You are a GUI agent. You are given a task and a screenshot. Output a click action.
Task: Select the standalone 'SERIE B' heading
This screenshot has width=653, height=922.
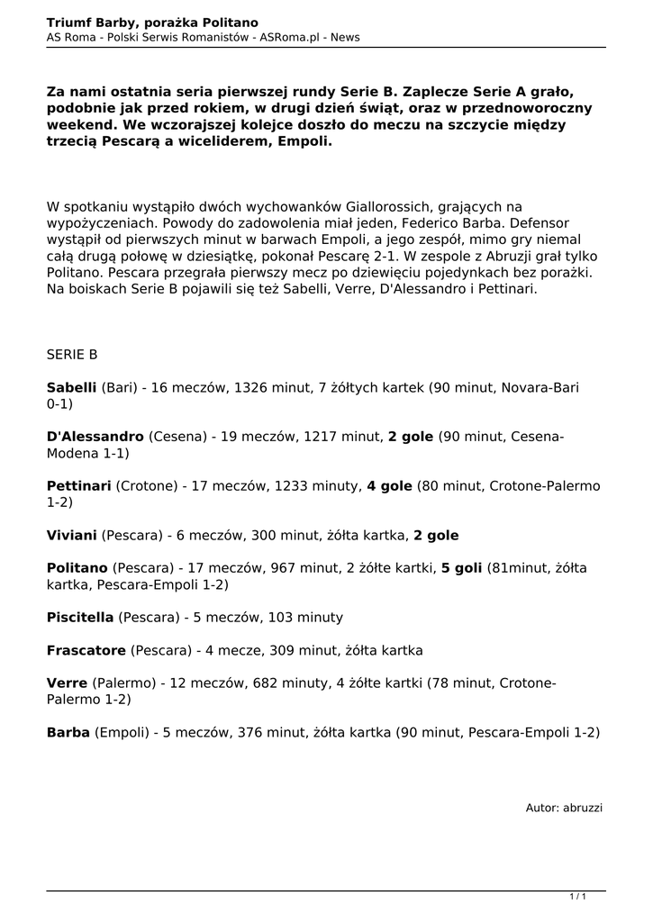(x=72, y=355)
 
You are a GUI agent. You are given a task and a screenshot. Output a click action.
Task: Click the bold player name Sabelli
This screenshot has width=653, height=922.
(x=71, y=388)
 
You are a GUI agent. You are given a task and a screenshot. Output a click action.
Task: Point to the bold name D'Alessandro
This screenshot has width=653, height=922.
(x=95, y=437)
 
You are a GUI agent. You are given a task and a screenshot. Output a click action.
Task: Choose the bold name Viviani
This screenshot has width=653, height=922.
(x=71, y=535)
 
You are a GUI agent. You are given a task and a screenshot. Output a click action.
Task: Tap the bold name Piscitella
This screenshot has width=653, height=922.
(x=80, y=617)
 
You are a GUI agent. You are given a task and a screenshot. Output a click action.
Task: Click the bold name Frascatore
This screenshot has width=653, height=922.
(x=86, y=650)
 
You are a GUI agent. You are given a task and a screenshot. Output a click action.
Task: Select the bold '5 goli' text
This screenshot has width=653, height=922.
(x=461, y=568)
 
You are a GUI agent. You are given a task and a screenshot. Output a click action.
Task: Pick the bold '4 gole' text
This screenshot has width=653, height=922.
(x=389, y=486)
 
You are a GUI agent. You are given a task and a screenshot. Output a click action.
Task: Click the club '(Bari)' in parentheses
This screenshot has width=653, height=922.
(x=120, y=388)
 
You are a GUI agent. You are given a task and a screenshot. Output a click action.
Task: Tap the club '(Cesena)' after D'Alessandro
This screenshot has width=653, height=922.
(x=177, y=437)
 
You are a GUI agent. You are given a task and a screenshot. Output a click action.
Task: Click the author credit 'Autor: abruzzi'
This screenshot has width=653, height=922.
(x=564, y=808)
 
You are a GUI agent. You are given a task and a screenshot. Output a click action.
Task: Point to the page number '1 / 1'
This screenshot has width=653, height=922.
(x=578, y=896)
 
